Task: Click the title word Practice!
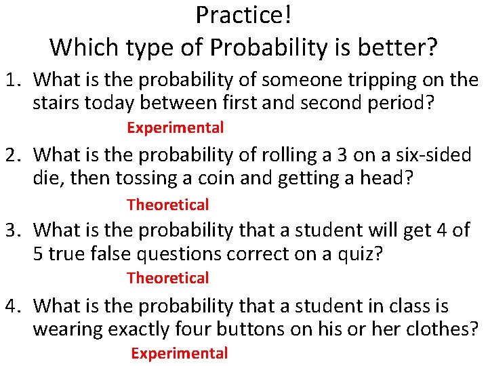[243, 14]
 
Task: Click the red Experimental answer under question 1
[175, 127]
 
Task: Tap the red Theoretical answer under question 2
[167, 204]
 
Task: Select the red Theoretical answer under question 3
[167, 278]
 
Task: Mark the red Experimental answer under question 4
[179, 353]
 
